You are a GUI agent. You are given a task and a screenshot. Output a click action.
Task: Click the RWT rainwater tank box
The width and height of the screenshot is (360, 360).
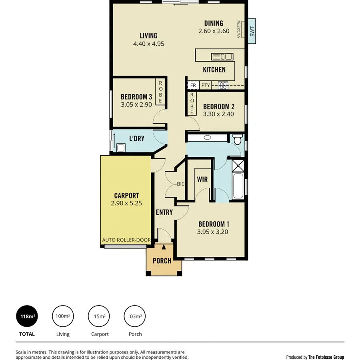tap(252, 31)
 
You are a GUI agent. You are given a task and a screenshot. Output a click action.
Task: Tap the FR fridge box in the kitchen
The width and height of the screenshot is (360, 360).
tap(193, 85)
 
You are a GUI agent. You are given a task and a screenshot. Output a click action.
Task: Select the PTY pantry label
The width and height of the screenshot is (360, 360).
tap(206, 85)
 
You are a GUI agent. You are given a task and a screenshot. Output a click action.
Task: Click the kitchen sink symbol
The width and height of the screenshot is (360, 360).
tap(222, 56)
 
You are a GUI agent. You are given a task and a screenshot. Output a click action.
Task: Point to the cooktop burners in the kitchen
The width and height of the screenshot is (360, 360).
tap(223, 85)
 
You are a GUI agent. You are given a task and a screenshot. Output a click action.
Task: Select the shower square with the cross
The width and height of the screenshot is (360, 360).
tap(238, 166)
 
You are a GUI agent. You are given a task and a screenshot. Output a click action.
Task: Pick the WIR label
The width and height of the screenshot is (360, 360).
tap(202, 180)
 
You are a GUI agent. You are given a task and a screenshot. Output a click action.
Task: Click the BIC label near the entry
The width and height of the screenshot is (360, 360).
tap(181, 184)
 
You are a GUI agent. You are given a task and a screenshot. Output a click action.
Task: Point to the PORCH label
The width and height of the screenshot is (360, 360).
tap(162, 261)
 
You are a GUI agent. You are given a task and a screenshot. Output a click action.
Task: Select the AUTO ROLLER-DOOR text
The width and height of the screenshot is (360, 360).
tap(126, 240)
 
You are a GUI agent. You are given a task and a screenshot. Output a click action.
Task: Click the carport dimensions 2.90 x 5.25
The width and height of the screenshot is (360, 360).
tap(126, 203)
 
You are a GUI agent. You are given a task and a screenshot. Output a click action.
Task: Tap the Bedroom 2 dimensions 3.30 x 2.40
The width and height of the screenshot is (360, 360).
tap(218, 114)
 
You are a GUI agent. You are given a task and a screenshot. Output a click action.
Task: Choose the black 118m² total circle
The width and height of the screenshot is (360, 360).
tap(27, 316)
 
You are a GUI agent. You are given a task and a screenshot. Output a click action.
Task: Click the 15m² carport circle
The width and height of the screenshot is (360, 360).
tap(100, 316)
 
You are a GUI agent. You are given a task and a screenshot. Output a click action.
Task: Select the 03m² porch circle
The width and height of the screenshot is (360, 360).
tap(135, 316)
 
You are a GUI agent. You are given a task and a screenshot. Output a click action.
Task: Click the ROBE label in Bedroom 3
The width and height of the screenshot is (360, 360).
tap(160, 92)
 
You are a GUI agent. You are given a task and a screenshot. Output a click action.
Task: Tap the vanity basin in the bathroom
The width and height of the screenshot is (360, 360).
tap(207, 138)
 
